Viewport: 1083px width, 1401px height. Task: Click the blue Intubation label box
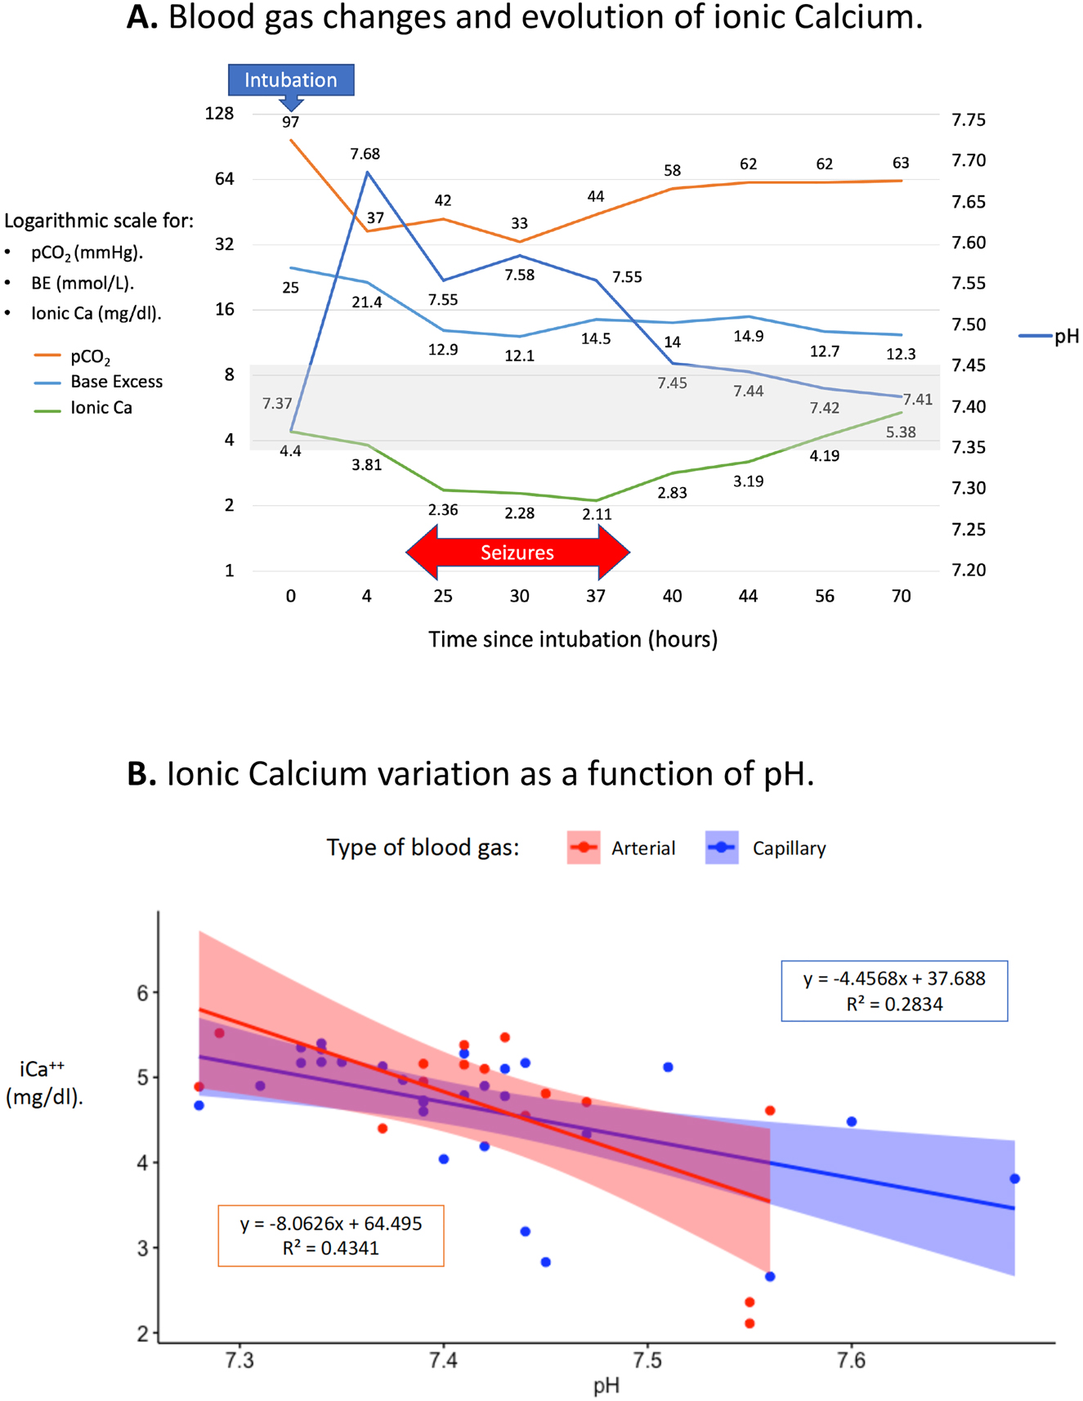[291, 80]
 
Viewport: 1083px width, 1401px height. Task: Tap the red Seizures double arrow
[517, 553]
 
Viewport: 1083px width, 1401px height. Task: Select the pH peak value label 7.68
[365, 154]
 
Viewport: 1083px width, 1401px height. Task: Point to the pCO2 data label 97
[291, 123]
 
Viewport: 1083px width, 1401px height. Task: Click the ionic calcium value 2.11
[596, 514]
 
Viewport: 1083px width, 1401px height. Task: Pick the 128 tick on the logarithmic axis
[219, 114]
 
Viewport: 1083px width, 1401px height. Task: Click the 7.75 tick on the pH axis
[969, 120]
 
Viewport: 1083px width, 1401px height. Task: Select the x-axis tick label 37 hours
[596, 597]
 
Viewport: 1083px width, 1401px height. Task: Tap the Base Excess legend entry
[116, 382]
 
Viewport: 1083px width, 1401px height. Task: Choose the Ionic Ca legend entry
[101, 408]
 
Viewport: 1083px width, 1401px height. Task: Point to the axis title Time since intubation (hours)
[573, 639]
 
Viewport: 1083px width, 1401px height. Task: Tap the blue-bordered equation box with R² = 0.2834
[894, 991]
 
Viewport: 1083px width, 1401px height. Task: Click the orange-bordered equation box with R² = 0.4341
[331, 1235]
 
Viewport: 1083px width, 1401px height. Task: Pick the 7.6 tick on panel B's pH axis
[852, 1360]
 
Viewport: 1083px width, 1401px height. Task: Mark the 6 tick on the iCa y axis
[143, 993]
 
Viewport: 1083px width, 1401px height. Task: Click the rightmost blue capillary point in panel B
[1014, 1179]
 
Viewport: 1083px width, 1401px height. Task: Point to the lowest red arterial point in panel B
[750, 1323]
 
